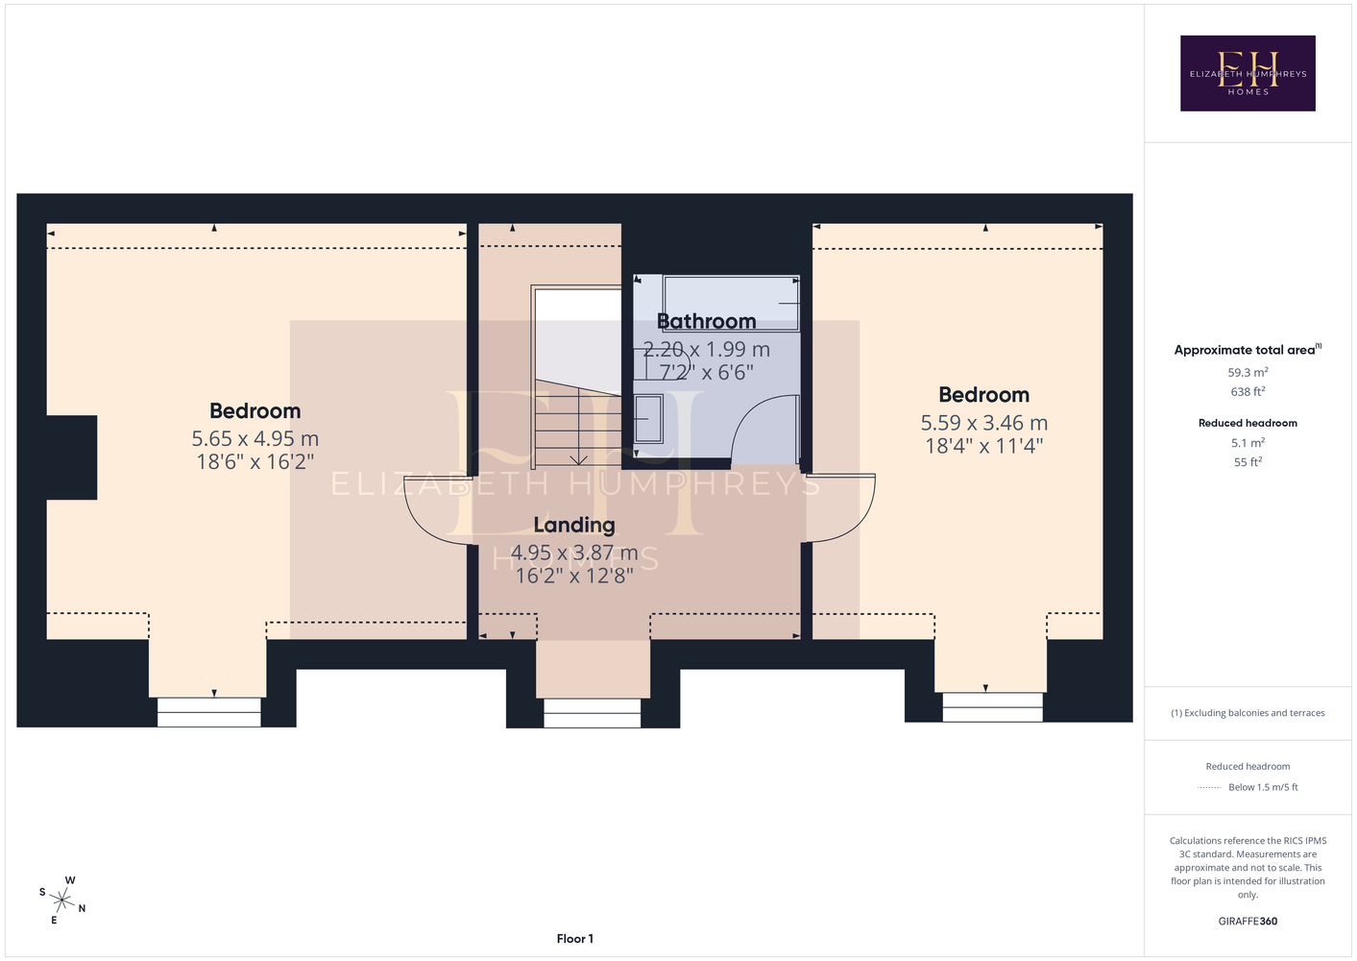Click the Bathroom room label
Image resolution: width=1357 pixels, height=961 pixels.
pos(707,321)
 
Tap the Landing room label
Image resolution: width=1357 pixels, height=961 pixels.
pos(574,525)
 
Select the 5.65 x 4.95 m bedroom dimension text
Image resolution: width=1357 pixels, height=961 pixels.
pos(255,438)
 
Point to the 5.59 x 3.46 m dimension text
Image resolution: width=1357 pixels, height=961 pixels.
pos(983,423)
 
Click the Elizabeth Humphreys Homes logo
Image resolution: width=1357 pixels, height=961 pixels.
pos(1248,73)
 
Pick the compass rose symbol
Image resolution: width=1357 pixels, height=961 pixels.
pos(62,900)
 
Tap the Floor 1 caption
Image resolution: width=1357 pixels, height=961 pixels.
pos(575,939)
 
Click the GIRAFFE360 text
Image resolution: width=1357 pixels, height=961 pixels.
pos(1248,921)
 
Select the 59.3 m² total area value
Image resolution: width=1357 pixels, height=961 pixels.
pos(1248,372)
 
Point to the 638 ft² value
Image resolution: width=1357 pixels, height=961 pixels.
pos(1248,392)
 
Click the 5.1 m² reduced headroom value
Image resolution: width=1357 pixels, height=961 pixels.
pos(1248,443)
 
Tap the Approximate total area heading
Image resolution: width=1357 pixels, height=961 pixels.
pos(1248,350)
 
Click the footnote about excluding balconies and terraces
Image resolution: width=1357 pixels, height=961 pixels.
pos(1248,713)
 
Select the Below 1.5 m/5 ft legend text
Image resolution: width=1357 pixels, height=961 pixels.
pos(1263,787)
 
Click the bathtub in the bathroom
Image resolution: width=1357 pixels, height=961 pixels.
pos(731,303)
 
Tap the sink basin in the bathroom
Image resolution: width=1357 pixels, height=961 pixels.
pos(648,418)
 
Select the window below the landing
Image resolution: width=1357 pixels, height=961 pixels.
pos(593,713)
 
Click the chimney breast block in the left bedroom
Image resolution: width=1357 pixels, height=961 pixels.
pos(71,457)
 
